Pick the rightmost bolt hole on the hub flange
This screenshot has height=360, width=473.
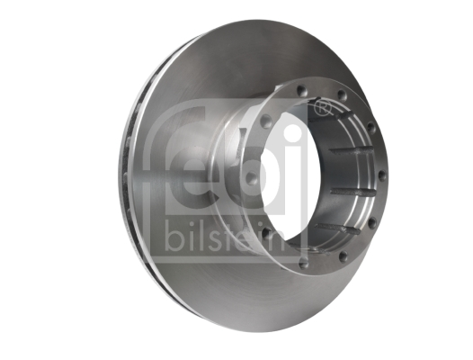pyautogui.click(x=382, y=175)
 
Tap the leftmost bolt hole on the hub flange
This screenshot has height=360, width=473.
pyautogui.click(x=250, y=177)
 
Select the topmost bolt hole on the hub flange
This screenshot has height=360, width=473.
pyautogui.click(x=300, y=90)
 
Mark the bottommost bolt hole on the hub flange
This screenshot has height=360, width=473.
pyautogui.click(x=304, y=264)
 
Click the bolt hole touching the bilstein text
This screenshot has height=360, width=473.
pyautogui.click(x=266, y=232)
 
